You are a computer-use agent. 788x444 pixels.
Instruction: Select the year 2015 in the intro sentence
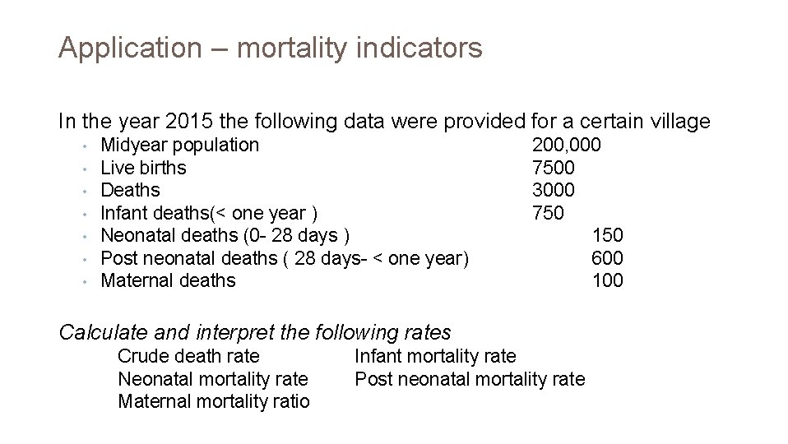click(187, 122)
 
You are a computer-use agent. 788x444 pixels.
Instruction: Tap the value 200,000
click(566, 146)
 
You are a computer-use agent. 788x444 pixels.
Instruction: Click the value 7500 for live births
click(554, 168)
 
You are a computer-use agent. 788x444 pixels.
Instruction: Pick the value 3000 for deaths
click(554, 190)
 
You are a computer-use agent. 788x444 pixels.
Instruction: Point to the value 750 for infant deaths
click(548, 213)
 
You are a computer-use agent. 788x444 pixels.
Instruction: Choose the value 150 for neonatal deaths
click(607, 235)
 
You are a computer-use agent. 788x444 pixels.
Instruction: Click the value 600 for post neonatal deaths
click(607, 258)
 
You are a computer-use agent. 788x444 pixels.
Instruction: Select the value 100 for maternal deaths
click(607, 280)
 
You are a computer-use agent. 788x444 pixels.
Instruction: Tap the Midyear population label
click(179, 146)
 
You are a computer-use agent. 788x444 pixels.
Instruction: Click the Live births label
click(143, 168)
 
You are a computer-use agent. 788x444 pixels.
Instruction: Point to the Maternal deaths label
click(168, 280)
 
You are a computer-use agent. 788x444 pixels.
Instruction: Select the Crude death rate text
click(188, 356)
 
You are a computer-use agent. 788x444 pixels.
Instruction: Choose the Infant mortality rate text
click(435, 356)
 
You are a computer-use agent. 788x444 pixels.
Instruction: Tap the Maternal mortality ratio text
click(214, 401)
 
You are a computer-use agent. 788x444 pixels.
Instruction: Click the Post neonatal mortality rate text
click(470, 379)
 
